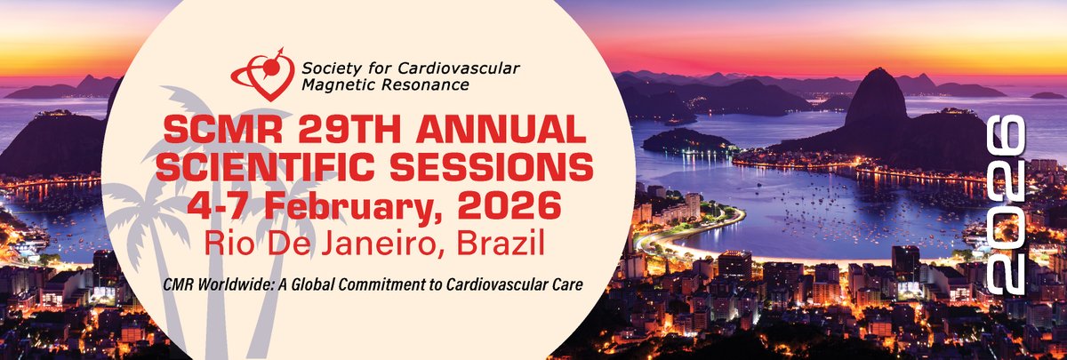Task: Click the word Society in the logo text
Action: [x=325, y=68]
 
